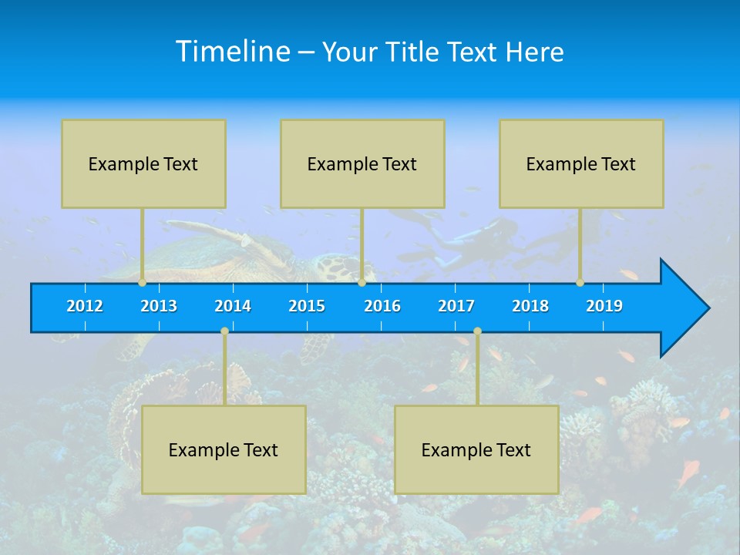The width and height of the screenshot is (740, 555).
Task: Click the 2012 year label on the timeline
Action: (x=85, y=306)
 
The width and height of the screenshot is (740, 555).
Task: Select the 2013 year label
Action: (x=159, y=306)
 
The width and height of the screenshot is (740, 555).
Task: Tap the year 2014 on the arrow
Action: (x=233, y=306)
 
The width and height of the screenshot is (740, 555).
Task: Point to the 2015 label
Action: (x=307, y=306)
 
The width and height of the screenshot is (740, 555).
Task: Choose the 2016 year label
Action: (x=382, y=306)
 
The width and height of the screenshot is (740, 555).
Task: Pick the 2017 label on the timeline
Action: (x=456, y=306)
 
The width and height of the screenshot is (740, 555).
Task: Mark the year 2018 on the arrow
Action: (x=530, y=306)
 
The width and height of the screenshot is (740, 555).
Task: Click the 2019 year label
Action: (x=604, y=306)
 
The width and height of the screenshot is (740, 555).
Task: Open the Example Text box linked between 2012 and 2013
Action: (x=143, y=163)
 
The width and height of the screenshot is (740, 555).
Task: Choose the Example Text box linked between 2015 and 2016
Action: (x=362, y=163)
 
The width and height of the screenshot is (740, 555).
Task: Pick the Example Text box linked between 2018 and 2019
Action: (x=581, y=163)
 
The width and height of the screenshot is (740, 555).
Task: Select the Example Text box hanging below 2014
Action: (x=224, y=449)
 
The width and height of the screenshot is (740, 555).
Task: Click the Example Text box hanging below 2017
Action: (x=476, y=449)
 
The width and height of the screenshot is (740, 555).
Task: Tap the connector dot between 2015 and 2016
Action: (x=362, y=283)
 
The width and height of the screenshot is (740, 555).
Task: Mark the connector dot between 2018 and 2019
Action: (x=580, y=283)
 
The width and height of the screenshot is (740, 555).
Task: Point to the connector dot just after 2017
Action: (x=477, y=331)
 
